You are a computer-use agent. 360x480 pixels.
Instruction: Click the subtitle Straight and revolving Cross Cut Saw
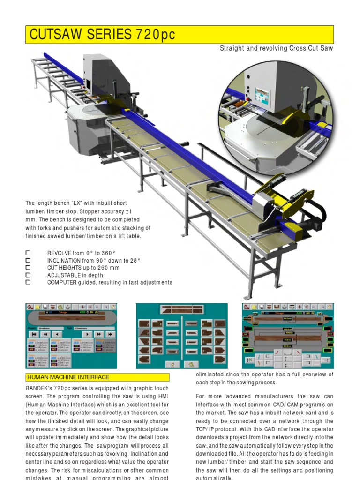tap(277, 49)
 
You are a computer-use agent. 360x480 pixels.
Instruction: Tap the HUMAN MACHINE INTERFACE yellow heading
tap(68, 377)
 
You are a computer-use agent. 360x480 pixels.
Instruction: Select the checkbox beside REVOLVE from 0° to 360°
tap(28, 253)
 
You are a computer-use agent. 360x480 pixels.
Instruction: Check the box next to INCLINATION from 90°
tap(28, 261)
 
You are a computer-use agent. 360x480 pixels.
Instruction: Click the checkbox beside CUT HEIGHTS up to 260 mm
tap(28, 268)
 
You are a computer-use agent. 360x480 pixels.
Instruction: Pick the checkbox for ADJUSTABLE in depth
tap(28, 275)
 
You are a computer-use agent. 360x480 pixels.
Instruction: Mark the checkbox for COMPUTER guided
tap(28, 283)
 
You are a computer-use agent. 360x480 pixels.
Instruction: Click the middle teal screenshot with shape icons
tap(181, 336)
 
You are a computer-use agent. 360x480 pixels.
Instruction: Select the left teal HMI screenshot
tap(71, 336)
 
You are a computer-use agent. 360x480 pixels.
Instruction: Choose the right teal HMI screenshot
tap(288, 336)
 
